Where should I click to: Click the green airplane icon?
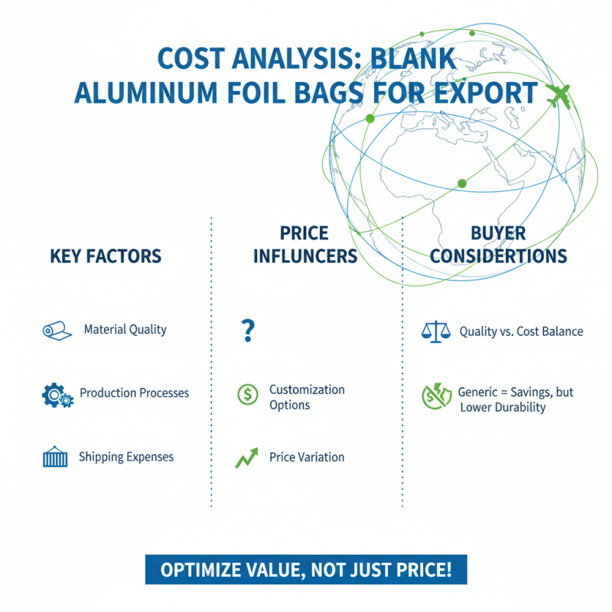click(x=561, y=96)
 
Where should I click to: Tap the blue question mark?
click(x=247, y=331)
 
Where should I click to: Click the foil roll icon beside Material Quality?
click(x=52, y=330)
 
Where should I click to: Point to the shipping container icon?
click(x=54, y=457)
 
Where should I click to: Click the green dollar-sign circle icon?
click(x=248, y=395)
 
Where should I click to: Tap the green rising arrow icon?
click(x=246, y=457)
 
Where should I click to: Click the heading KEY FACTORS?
click(x=106, y=256)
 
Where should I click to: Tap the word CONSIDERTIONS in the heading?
click(x=498, y=256)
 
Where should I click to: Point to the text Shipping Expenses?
click(x=126, y=457)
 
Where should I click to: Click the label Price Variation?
click(x=307, y=457)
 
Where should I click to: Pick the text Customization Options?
click(x=307, y=397)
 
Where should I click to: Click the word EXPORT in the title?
click(x=489, y=93)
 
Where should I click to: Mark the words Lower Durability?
click(x=503, y=408)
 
